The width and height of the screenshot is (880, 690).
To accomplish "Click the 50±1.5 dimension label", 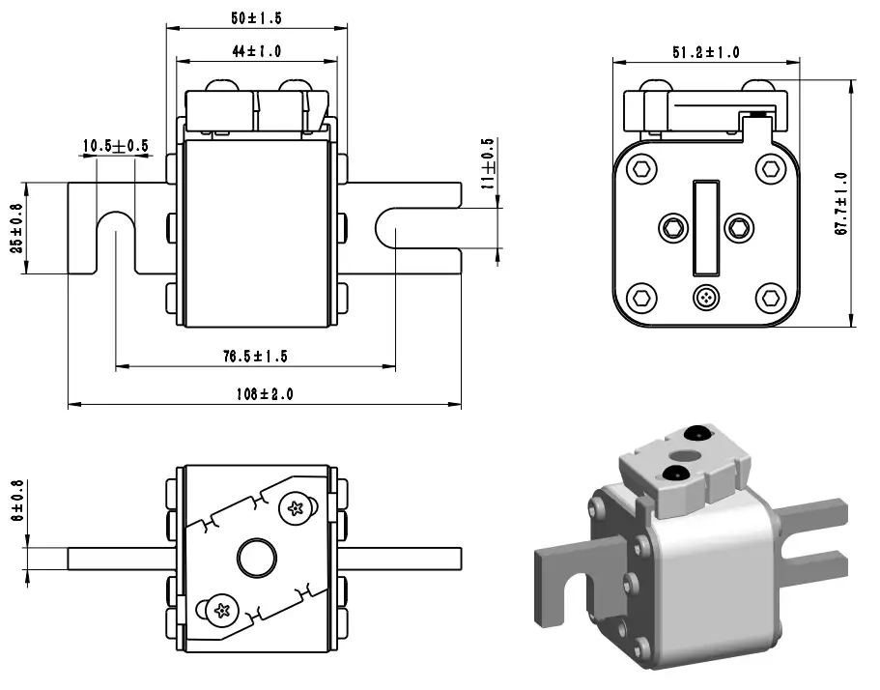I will [x=257, y=18].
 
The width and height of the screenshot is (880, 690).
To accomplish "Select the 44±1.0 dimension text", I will [x=257, y=51].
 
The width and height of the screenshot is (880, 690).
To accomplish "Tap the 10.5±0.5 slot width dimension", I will [x=115, y=146].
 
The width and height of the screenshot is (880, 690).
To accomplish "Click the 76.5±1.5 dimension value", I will [x=255, y=357].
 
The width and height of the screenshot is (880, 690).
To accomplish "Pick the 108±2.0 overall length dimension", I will [x=264, y=394].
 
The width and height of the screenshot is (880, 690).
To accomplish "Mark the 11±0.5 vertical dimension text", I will [x=488, y=161].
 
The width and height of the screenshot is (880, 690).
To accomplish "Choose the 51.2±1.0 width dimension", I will [x=705, y=52].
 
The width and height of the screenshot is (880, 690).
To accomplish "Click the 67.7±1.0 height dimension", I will [x=840, y=204].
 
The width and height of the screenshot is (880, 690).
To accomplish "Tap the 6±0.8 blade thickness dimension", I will [x=16, y=499].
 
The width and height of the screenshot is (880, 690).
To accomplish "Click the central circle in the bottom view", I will [x=256, y=558].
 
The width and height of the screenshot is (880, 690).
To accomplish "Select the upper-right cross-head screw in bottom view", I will [x=296, y=506].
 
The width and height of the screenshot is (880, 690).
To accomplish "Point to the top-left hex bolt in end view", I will [x=642, y=170].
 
